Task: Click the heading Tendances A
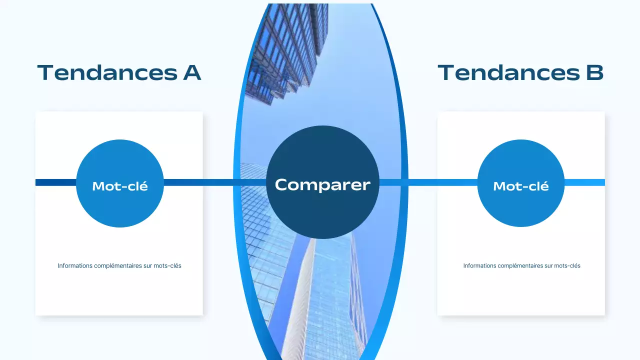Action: (119, 72)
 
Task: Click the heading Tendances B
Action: (520, 72)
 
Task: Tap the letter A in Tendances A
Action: (191, 72)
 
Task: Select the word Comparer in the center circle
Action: (322, 184)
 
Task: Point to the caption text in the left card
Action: (119, 266)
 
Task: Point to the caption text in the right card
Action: (521, 266)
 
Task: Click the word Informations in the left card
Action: (75, 266)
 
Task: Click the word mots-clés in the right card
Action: (567, 266)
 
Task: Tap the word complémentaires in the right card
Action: (521, 266)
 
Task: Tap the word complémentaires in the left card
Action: (118, 266)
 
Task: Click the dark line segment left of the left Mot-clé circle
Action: (55, 182)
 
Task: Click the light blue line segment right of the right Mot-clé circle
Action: (584, 182)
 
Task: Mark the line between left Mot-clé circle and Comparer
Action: (215, 182)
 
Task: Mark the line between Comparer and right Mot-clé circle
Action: (428, 182)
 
